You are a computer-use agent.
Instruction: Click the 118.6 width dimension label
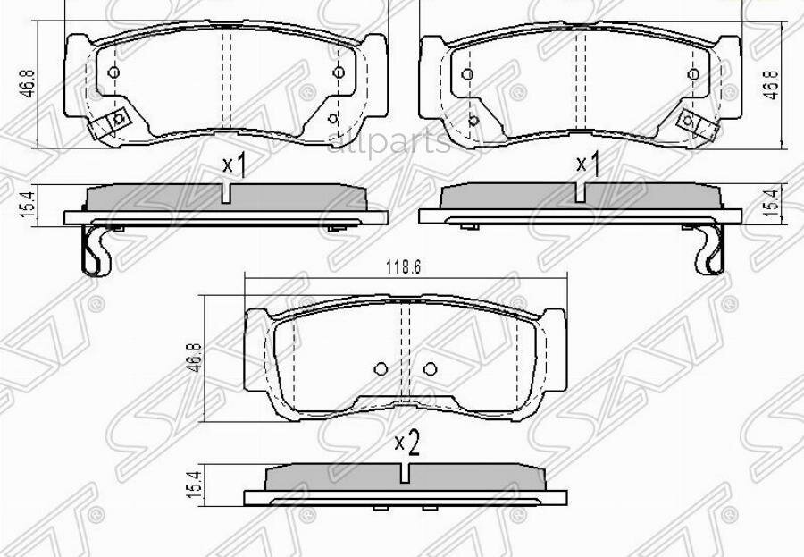(x=403, y=266)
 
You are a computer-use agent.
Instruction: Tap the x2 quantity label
(x=407, y=442)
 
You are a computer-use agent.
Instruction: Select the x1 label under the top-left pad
(x=233, y=165)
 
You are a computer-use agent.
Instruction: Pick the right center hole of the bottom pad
(x=430, y=367)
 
